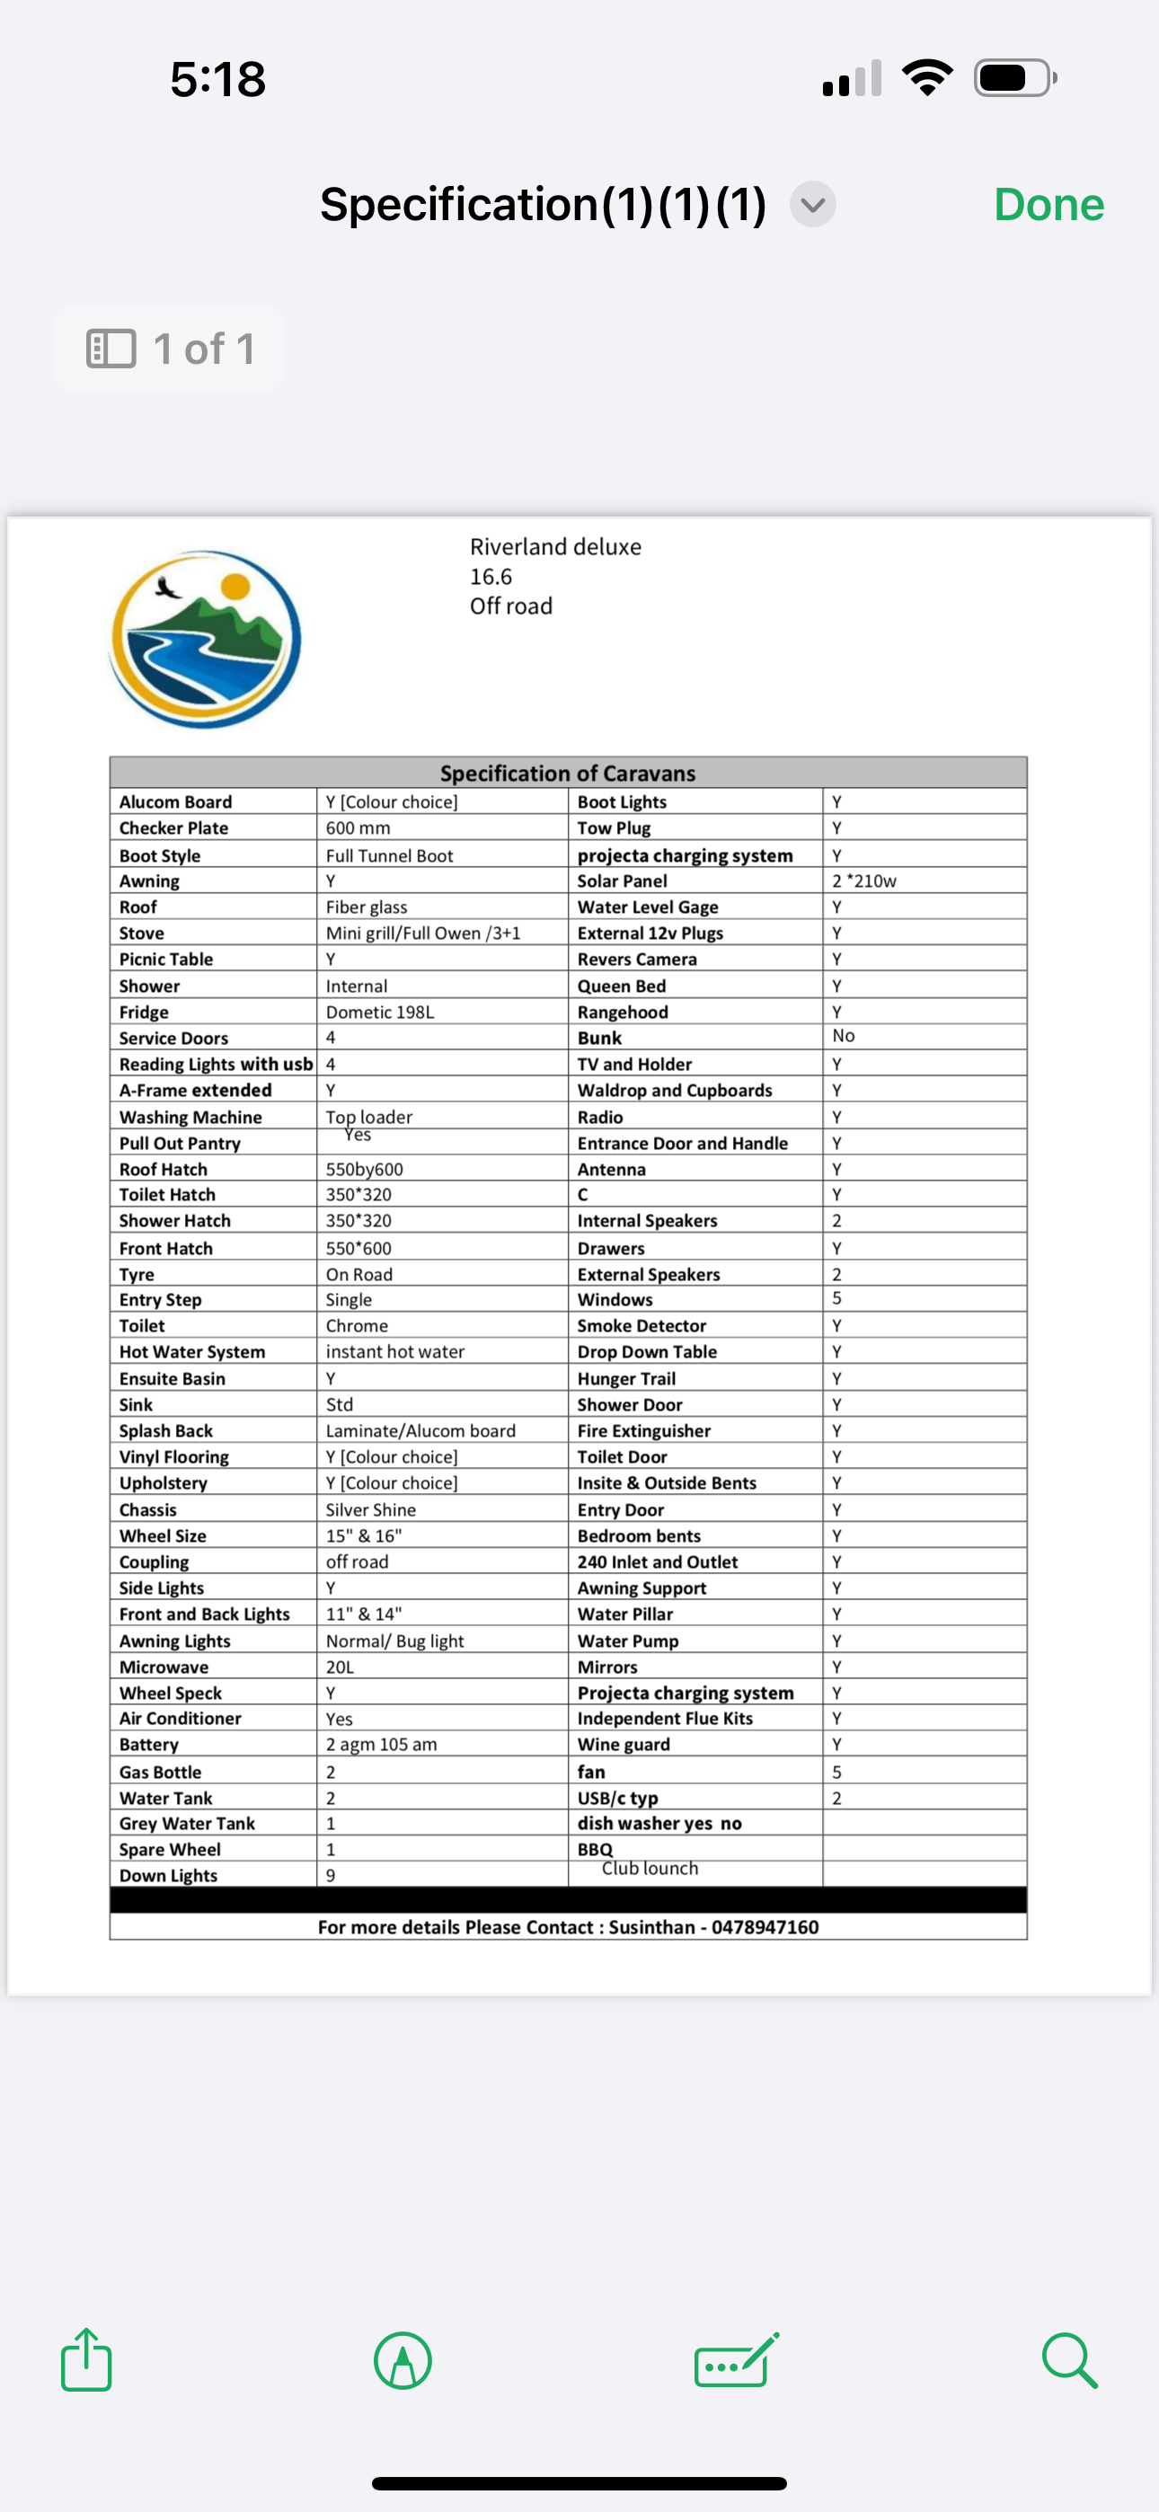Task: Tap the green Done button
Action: tap(1048, 205)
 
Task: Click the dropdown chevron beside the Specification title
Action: tap(813, 205)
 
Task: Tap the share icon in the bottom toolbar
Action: tap(86, 2360)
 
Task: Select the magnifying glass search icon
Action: tap(1069, 2360)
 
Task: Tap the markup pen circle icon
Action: tap(403, 2360)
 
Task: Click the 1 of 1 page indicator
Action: tap(170, 349)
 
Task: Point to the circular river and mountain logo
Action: tap(205, 639)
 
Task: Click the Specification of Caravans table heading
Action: tap(568, 774)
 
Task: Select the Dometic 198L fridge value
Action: tap(379, 1013)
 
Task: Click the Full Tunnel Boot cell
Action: tap(389, 855)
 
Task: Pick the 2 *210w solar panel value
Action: tap(863, 880)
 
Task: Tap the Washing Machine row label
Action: tap(190, 1117)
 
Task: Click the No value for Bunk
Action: tap(843, 1036)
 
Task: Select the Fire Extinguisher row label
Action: tap(644, 1430)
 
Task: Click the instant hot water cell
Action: tap(395, 1351)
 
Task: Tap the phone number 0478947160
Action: tap(765, 1927)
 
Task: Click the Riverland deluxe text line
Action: tap(555, 547)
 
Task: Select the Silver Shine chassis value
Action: tap(371, 1509)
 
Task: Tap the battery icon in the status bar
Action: tap(1014, 78)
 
